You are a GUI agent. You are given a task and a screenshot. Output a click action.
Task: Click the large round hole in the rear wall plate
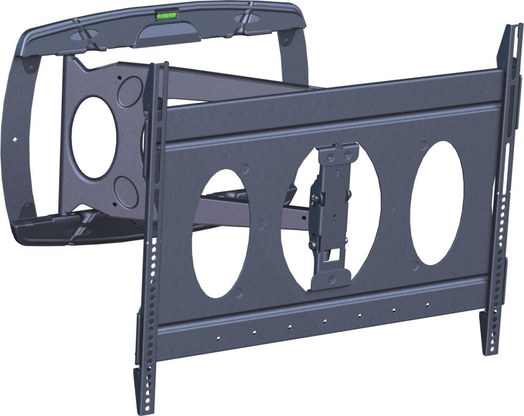(93, 137)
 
